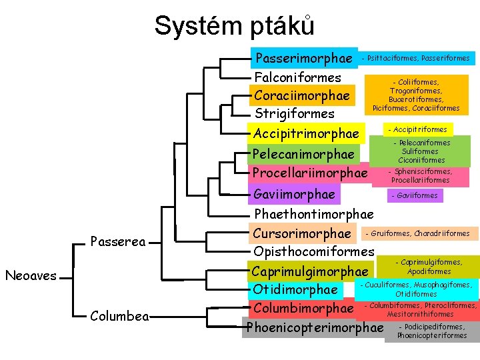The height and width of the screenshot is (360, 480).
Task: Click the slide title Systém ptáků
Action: (234, 26)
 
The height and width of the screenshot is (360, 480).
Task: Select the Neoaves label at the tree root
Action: (31, 275)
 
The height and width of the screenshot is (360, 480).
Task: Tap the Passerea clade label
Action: (118, 241)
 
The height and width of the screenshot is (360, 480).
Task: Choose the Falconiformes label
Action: (298, 77)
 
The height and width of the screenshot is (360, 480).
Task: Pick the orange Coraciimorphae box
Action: (302, 95)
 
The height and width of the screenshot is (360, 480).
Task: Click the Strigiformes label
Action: (295, 113)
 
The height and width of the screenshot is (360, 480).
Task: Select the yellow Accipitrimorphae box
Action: (306, 135)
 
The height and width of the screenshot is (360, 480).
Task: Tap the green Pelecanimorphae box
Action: (303, 154)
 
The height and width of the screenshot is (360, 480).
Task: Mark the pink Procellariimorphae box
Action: (310, 173)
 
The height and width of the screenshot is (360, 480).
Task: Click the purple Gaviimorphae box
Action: (295, 194)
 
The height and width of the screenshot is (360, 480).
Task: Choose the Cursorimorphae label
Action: (302, 233)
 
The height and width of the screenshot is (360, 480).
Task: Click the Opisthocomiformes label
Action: (314, 251)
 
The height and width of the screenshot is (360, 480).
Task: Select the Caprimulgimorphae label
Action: (309, 271)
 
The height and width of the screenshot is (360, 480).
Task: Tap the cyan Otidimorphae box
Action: (295, 289)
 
